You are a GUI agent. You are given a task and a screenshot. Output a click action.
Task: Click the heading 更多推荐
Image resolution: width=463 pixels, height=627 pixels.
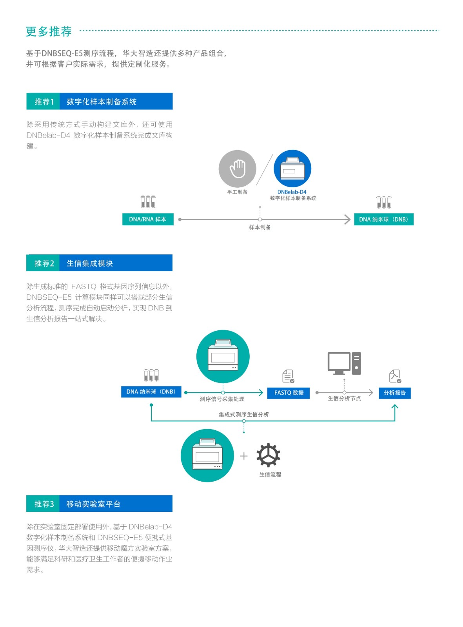[x=49, y=31]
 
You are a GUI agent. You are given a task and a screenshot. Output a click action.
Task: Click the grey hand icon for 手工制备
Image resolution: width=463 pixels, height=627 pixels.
[x=237, y=169]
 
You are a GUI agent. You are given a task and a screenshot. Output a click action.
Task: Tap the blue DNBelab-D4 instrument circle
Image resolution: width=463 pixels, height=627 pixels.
[x=292, y=169]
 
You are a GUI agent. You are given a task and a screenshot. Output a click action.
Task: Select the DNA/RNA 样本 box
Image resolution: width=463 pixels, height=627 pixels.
[x=148, y=219]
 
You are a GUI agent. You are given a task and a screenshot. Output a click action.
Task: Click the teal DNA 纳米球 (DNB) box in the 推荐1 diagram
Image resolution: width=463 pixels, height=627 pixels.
[x=383, y=219]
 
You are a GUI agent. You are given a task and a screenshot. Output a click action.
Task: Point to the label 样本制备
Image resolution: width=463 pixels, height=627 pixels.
[x=260, y=227]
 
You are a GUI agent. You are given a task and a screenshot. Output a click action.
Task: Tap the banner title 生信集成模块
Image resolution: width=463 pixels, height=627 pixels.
[x=90, y=263]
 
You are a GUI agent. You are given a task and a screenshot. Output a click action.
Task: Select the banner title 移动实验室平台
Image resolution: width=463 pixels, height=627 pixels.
[x=93, y=504]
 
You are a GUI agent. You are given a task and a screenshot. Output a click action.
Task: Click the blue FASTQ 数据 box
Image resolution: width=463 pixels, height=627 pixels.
[x=289, y=393]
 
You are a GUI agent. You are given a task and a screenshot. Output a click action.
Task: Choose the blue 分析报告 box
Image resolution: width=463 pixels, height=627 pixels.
[x=394, y=393]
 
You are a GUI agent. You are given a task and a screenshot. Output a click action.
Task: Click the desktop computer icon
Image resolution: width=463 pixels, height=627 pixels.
[x=344, y=363]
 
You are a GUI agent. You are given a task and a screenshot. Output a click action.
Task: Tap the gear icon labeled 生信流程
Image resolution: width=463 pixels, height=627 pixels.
[x=269, y=455]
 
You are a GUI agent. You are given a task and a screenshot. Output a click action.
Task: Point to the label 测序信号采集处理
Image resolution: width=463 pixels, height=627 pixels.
[x=222, y=399]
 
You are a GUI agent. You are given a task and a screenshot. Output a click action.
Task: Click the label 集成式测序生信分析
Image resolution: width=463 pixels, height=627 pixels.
[x=244, y=414]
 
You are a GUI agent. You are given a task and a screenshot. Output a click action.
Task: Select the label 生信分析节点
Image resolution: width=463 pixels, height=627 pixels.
[x=344, y=399]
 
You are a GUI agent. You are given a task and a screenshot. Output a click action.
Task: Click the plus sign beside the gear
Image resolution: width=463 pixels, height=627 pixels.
[x=244, y=456]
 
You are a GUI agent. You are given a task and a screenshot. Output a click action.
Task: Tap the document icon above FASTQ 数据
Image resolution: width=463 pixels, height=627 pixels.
[x=288, y=376]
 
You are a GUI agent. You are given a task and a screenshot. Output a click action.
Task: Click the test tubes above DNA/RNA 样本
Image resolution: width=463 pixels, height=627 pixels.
[x=148, y=202]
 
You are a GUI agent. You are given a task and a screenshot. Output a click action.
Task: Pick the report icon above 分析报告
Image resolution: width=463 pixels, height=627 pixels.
[x=395, y=376]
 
